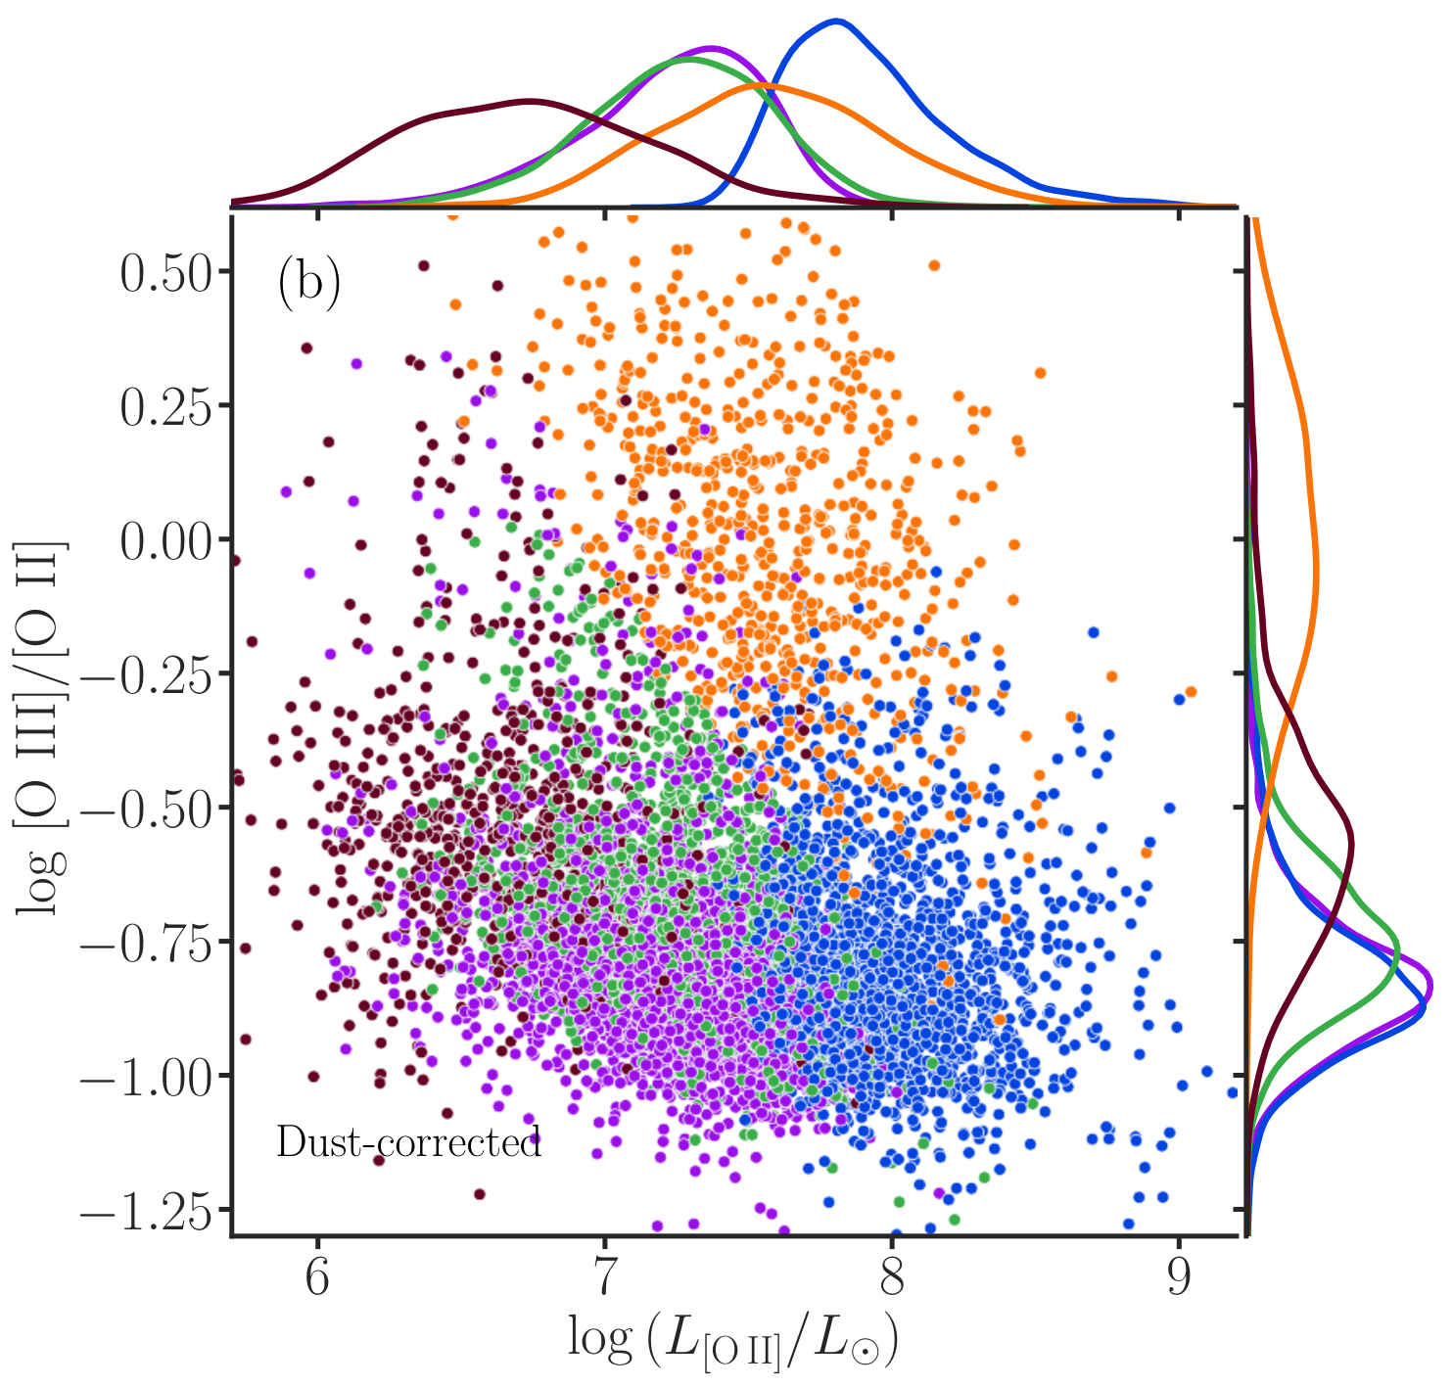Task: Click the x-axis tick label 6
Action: [x=317, y=1276]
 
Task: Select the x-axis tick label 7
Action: [x=604, y=1276]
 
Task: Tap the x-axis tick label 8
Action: [x=892, y=1276]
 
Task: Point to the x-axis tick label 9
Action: [x=1179, y=1276]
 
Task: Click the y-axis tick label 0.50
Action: [x=165, y=274]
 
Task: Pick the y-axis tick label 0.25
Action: [x=165, y=407]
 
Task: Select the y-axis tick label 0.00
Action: [x=165, y=541]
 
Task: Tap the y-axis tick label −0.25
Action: [x=146, y=676]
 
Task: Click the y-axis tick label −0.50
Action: [x=146, y=809]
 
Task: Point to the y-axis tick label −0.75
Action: [x=146, y=944]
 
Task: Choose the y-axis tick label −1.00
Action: [x=146, y=1078]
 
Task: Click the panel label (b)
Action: [x=308, y=285]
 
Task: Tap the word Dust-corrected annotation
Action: [x=409, y=1142]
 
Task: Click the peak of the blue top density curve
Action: [x=837, y=21]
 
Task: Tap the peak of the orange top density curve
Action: [x=761, y=85]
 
